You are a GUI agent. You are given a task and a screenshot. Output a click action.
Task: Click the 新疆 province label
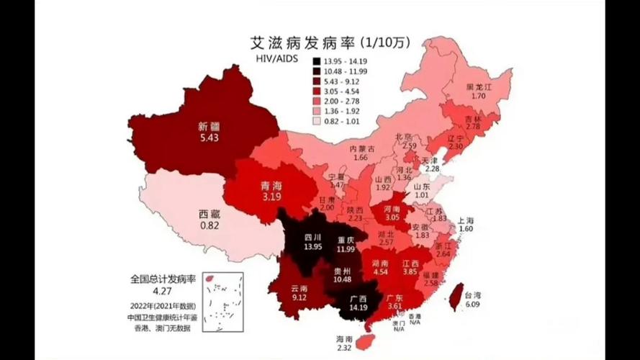(x=207, y=126)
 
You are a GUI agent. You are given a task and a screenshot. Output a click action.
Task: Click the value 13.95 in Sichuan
(x=312, y=246)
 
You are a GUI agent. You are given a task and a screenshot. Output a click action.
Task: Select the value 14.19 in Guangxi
(x=358, y=307)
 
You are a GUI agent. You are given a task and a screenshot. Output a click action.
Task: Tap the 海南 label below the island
(x=344, y=338)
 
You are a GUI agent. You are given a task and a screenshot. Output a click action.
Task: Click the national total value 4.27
(x=161, y=292)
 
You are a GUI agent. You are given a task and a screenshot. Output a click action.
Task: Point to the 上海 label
(x=465, y=220)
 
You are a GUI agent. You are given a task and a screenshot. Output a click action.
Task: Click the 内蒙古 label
(x=363, y=148)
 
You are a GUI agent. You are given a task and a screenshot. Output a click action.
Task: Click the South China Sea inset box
(x=222, y=302)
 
